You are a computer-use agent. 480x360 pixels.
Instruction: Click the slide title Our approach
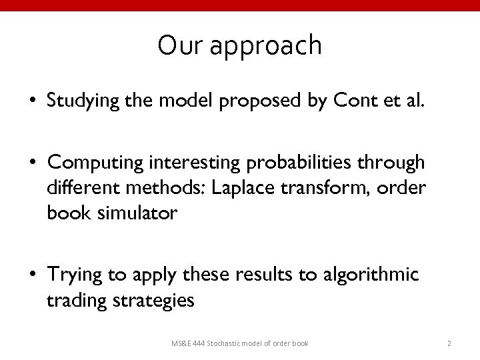(240, 45)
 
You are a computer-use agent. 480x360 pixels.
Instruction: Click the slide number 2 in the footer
(449, 343)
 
